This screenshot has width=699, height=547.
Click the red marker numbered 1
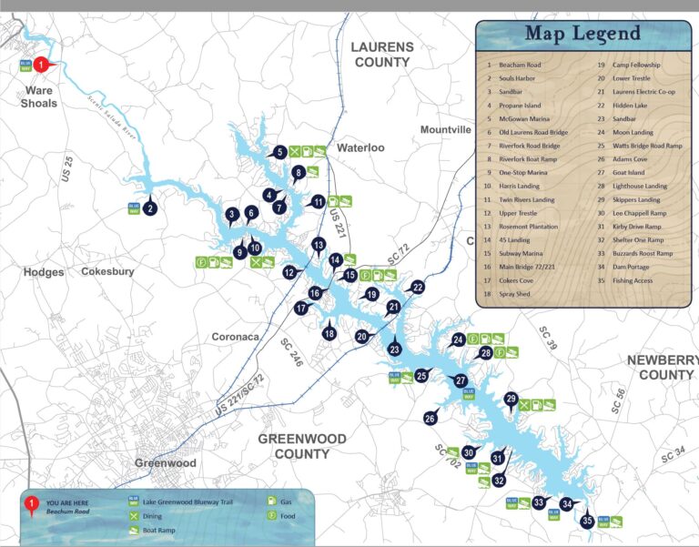click(40, 65)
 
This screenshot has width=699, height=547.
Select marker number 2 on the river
click(151, 207)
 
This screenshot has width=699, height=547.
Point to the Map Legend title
click(582, 35)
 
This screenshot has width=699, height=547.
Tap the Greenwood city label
click(165, 463)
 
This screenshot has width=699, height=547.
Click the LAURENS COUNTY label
click(382, 55)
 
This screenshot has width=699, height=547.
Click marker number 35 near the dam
click(587, 521)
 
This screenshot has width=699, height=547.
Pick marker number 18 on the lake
click(329, 333)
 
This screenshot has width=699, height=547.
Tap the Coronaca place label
click(236, 337)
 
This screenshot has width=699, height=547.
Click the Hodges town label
click(44, 272)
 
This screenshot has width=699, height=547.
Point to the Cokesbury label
click(108, 271)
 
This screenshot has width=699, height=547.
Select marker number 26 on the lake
click(431, 419)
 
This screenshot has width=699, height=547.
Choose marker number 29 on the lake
click(511, 399)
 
